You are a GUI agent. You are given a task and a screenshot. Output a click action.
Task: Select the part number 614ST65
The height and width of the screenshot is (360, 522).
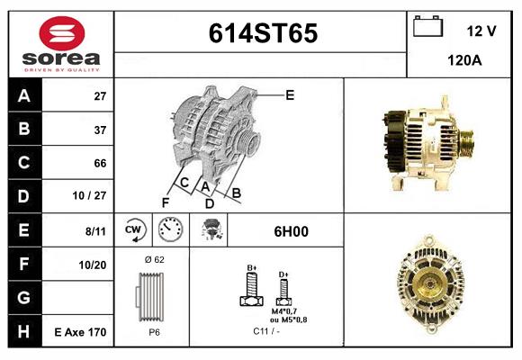263,33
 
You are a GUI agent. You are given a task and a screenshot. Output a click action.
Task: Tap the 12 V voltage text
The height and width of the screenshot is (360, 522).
481,31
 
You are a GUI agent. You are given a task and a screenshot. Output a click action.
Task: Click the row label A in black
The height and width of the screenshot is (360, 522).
23,95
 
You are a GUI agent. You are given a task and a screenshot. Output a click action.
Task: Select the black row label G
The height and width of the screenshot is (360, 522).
23,298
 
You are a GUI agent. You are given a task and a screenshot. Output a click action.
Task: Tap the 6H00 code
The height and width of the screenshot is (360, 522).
291,231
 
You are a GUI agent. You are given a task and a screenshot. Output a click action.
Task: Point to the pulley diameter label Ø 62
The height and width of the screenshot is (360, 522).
154,259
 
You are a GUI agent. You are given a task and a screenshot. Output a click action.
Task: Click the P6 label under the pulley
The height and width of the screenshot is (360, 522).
154,332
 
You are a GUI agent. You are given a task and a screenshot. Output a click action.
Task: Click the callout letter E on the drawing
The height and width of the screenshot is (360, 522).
290,94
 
